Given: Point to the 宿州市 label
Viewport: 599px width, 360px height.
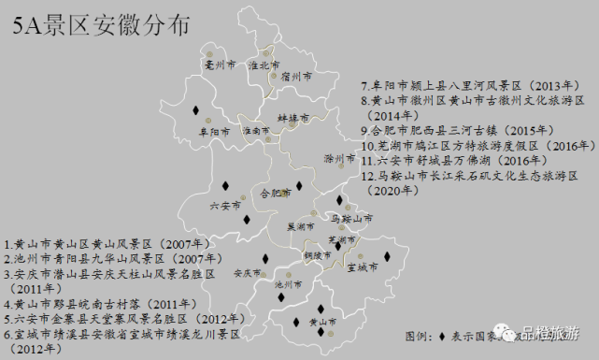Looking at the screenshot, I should pos(296,77).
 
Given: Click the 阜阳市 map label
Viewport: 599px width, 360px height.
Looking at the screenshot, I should pos(213,132).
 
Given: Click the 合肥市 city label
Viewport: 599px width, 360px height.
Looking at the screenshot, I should pos(276,194).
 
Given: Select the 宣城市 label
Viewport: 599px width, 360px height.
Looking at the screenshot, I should pos(361,267).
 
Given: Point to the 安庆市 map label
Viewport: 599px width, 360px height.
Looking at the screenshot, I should pos(247,273).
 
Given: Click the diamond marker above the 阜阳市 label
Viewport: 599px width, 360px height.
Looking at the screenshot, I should pos(196,110).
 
